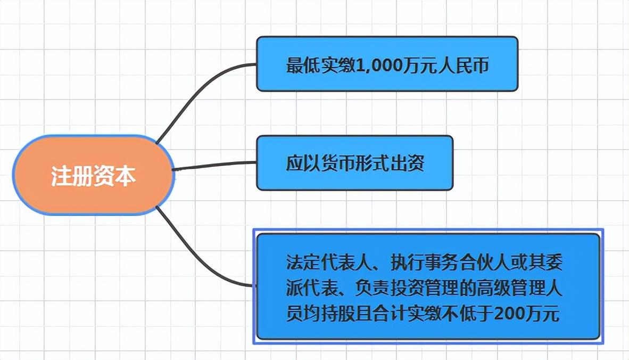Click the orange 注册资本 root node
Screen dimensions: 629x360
[x=94, y=176]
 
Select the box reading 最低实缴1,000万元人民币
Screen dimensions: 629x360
[x=387, y=64]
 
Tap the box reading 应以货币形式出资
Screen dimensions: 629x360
[x=354, y=163]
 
